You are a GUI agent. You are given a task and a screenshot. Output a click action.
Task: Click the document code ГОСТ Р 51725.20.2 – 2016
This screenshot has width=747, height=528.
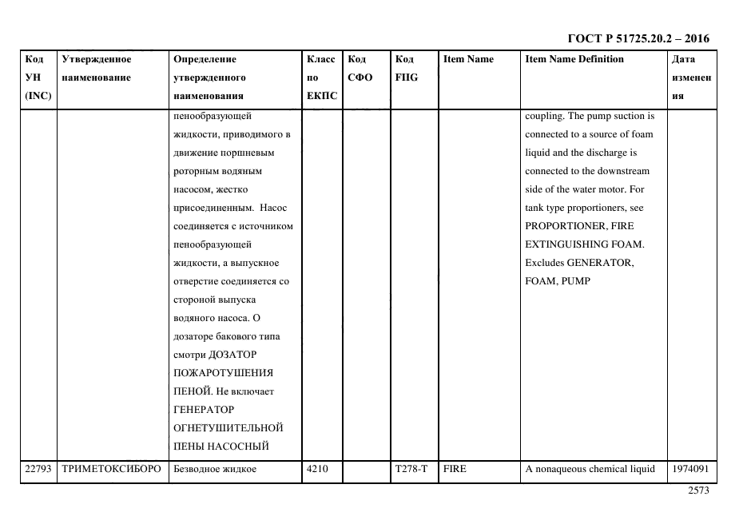pyautogui.click(x=638, y=38)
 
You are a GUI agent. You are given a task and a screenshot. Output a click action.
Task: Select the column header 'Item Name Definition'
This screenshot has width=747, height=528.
pyautogui.click(x=574, y=59)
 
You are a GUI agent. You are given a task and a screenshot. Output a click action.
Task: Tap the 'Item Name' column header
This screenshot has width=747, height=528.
pyautogui.click(x=468, y=59)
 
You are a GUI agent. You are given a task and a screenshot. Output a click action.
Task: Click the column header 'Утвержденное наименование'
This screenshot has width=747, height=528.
pyautogui.click(x=96, y=69)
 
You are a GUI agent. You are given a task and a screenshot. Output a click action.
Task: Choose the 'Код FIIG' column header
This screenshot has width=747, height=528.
pyautogui.click(x=406, y=69)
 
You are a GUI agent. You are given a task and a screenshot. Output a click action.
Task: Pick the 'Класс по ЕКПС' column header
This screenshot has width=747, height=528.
pyautogui.click(x=321, y=77)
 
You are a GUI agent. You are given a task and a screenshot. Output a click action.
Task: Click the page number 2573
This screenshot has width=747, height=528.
pyautogui.click(x=697, y=491)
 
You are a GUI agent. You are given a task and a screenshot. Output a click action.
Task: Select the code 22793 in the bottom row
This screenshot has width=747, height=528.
pyautogui.click(x=38, y=470)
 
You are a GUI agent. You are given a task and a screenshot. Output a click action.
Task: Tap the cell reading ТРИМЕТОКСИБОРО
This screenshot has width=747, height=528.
pyautogui.click(x=111, y=470)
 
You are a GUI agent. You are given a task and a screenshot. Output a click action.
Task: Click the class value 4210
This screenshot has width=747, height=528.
pyautogui.click(x=317, y=470)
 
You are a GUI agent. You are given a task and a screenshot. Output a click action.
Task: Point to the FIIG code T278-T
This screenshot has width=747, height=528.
pyautogui.click(x=411, y=470)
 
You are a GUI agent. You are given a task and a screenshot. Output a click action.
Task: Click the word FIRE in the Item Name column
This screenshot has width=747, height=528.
pyautogui.click(x=455, y=470)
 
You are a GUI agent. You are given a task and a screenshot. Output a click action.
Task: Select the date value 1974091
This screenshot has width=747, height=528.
pyautogui.click(x=690, y=470)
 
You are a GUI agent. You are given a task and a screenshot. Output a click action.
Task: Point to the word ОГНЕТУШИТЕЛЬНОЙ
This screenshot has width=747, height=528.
pyautogui.click(x=228, y=427)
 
